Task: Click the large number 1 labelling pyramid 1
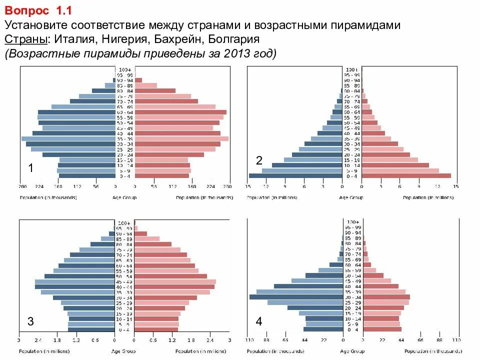click(31, 169)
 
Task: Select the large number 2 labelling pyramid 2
click(259, 160)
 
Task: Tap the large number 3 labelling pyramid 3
click(30, 321)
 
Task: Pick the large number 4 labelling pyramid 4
click(259, 321)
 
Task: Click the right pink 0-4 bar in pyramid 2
click(406, 175)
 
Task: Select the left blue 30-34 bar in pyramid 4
click(296, 297)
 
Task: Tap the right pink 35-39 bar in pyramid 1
click(181, 138)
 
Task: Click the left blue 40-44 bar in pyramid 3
click(74, 286)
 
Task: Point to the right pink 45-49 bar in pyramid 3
click(175, 281)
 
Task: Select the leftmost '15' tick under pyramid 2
click(247, 187)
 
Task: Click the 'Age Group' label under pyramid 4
click(352, 351)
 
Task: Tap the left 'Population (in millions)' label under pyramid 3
click(48, 351)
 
